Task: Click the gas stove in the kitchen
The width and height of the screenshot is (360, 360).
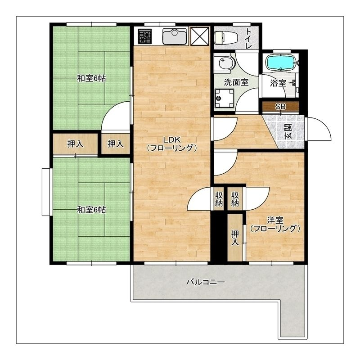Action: pyautogui.click(x=144, y=36)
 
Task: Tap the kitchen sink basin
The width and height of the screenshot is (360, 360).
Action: pyautogui.click(x=175, y=36)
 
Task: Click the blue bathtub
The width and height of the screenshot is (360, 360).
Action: pyautogui.click(x=280, y=62)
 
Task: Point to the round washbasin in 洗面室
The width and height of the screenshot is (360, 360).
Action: pyautogui.click(x=226, y=63)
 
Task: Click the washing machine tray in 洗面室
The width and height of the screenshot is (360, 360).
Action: pyautogui.click(x=224, y=98)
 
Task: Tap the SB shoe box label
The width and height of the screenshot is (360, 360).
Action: pyautogui.click(x=280, y=107)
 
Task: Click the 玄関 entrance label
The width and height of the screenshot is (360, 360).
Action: pyautogui.click(x=288, y=132)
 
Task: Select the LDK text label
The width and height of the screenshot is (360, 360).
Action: pyautogui.click(x=172, y=139)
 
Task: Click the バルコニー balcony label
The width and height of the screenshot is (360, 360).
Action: pyautogui.click(x=206, y=282)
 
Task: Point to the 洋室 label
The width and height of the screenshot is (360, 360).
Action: pyautogui.click(x=275, y=220)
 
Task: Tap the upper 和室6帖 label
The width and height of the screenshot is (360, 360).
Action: pyautogui.click(x=91, y=78)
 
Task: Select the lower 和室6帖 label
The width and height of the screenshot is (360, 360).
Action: pyautogui.click(x=91, y=210)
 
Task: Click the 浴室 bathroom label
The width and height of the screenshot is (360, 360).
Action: pyautogui.click(x=278, y=83)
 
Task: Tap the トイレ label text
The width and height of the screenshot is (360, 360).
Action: pyautogui.click(x=249, y=38)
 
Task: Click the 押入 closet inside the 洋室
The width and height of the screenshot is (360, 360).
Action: pyautogui.click(x=235, y=238)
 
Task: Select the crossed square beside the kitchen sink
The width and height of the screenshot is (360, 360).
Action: pyautogui.click(x=200, y=36)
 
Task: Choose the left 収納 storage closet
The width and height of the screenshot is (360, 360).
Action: pyautogui.click(x=219, y=199)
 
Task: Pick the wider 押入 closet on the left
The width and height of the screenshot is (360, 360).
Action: pyautogui.click(x=75, y=144)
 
